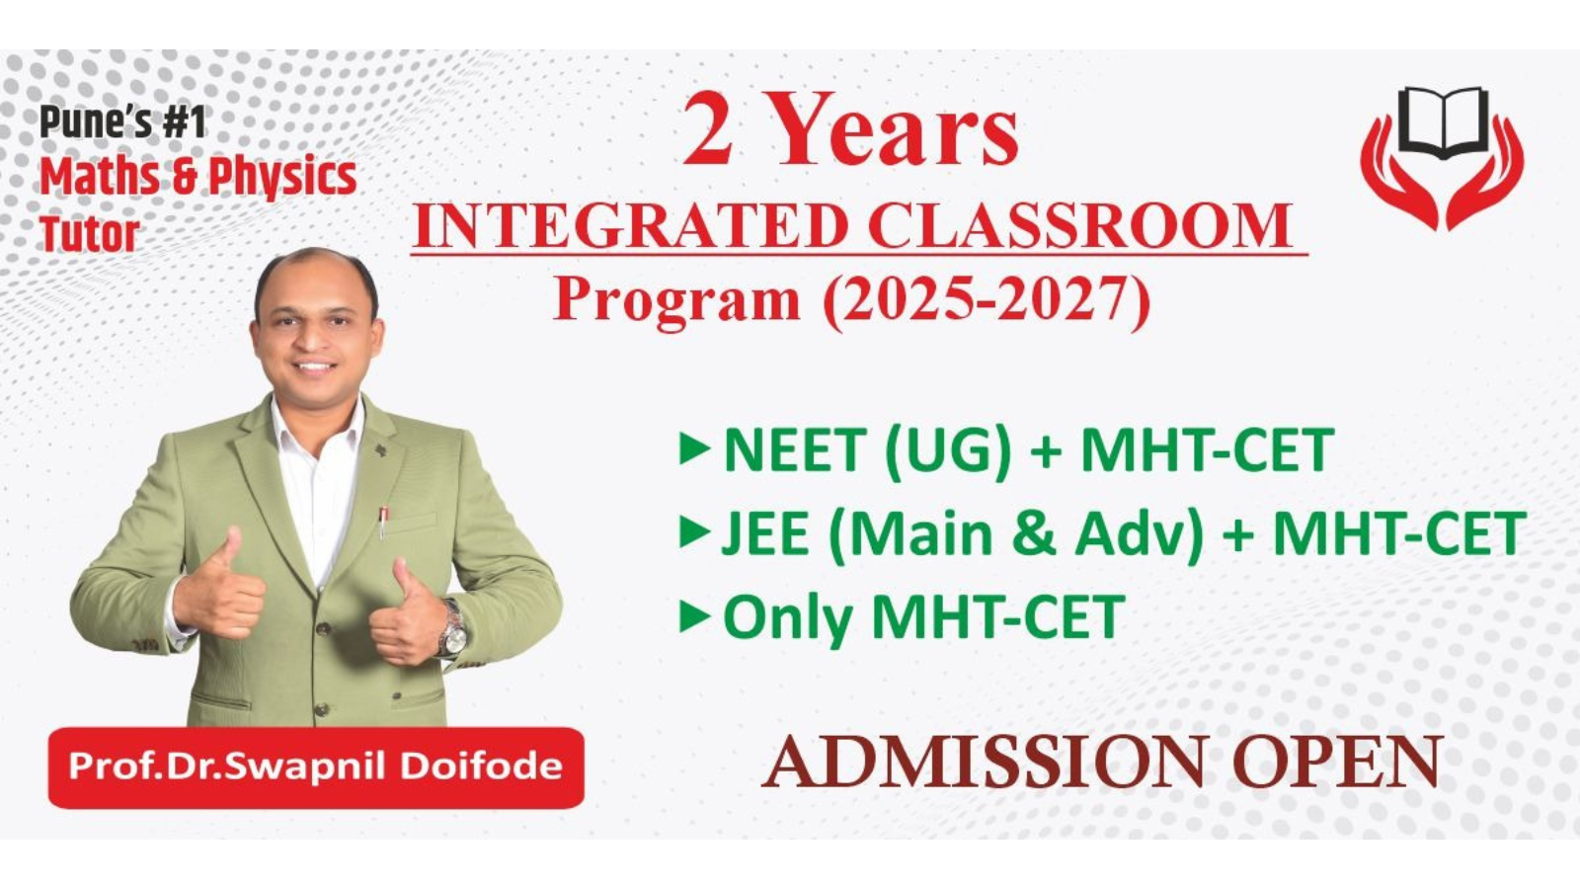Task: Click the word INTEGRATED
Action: [x=631, y=226]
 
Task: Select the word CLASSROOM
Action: [x=1080, y=226]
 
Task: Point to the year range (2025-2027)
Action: [x=987, y=302]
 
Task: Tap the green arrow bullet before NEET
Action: [x=694, y=449]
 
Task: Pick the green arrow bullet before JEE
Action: [x=694, y=532]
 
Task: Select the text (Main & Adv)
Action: [x=1016, y=534]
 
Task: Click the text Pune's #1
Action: [x=122, y=122]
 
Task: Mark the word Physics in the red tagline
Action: [x=282, y=178]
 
